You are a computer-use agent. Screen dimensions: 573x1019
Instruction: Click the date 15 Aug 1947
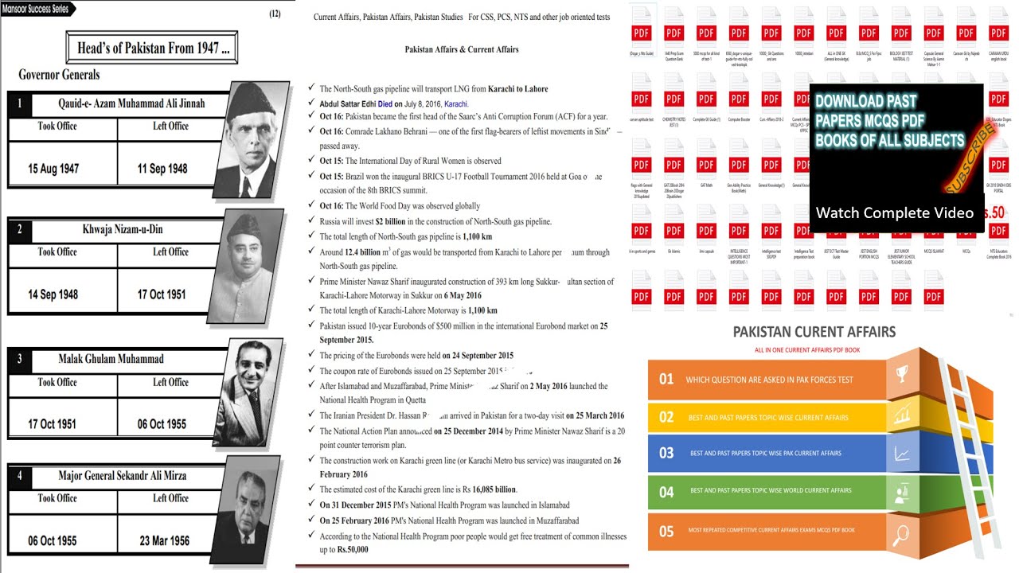click(53, 169)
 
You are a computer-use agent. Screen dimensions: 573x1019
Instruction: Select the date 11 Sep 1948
click(162, 169)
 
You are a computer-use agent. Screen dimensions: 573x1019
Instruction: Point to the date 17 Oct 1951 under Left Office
click(162, 294)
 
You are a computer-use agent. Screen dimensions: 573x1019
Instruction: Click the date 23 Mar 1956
click(164, 540)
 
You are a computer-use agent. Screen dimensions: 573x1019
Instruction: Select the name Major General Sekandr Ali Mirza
click(123, 476)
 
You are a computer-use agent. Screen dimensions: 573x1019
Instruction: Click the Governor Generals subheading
click(59, 74)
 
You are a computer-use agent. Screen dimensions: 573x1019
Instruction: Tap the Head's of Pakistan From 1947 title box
click(153, 48)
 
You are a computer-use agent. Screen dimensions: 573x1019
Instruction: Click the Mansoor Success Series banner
click(37, 9)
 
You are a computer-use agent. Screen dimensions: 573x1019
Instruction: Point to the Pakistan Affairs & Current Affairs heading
click(461, 49)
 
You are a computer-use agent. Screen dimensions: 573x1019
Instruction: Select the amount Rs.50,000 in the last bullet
click(353, 550)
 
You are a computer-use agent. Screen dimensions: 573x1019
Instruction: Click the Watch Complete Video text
click(894, 212)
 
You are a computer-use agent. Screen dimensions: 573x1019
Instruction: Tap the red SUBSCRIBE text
click(968, 160)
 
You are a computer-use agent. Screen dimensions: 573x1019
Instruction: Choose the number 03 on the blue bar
click(666, 453)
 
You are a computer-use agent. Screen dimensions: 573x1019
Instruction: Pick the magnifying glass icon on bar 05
click(902, 532)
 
